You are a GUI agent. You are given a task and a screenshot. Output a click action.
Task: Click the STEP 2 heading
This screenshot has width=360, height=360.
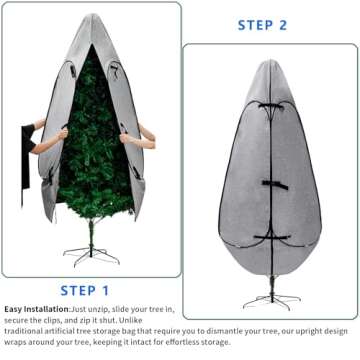(x=263, y=25)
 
